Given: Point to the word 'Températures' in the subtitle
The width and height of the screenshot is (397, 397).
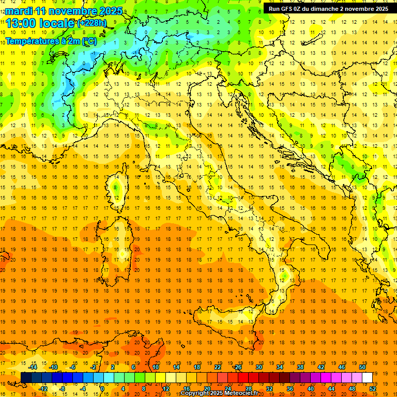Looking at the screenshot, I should [x=33, y=41].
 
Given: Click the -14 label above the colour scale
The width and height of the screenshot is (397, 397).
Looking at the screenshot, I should [x=33, y=367].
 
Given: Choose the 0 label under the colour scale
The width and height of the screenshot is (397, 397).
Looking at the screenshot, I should [x=102, y=389].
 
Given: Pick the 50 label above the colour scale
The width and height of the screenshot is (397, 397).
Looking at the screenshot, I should [x=362, y=367].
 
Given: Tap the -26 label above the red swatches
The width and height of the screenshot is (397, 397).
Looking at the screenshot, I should [x=237, y=367].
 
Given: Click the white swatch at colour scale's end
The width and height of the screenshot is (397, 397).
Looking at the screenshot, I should [x=367, y=377].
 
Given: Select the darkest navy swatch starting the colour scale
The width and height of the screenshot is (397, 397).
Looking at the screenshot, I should [x=26, y=377].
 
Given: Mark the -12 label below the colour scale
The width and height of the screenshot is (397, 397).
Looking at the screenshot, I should [x=43, y=389].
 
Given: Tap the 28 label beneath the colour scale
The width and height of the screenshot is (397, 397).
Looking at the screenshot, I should [x=248, y=389].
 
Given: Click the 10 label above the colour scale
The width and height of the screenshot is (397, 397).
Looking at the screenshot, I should [x=155, y=367].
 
